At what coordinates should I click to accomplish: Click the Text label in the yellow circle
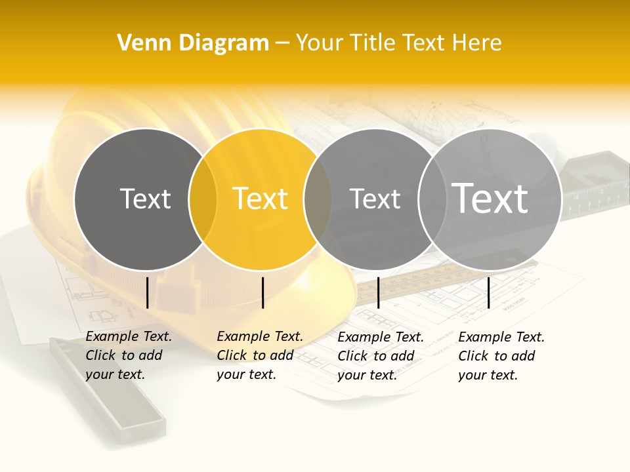261,199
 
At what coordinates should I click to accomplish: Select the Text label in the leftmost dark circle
145,199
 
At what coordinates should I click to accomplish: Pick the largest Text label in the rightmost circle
490,198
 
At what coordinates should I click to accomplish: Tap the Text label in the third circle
375,199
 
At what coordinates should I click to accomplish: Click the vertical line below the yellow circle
262,292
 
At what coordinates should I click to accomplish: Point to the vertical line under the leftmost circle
147,292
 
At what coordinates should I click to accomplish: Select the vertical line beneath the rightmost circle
488,292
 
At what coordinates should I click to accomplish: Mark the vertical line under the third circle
378,292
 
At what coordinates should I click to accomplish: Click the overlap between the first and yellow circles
202,199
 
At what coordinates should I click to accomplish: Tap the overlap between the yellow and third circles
318,199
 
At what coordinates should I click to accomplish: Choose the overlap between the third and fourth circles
431,199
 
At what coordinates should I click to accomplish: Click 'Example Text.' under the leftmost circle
129,336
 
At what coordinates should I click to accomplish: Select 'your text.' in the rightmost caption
488,375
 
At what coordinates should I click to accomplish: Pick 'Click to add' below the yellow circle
255,355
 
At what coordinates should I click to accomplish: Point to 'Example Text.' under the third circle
381,337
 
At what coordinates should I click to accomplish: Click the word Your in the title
320,43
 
